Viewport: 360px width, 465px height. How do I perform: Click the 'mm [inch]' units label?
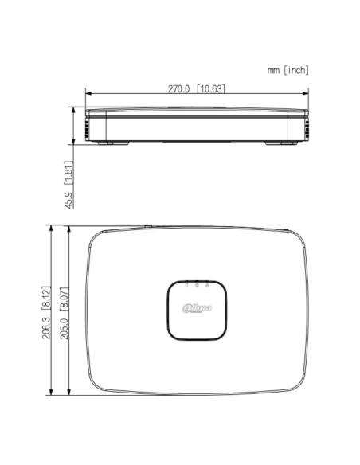[288, 71]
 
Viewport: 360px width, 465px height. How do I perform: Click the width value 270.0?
[178, 88]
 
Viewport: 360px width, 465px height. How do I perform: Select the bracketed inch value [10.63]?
[210, 88]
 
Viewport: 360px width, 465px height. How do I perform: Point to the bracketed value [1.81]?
[70, 174]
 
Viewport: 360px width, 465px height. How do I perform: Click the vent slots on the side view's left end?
[88, 126]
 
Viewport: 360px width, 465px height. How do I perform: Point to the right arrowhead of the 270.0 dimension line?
[306, 95]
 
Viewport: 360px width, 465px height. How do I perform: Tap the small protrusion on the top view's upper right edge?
[286, 230]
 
